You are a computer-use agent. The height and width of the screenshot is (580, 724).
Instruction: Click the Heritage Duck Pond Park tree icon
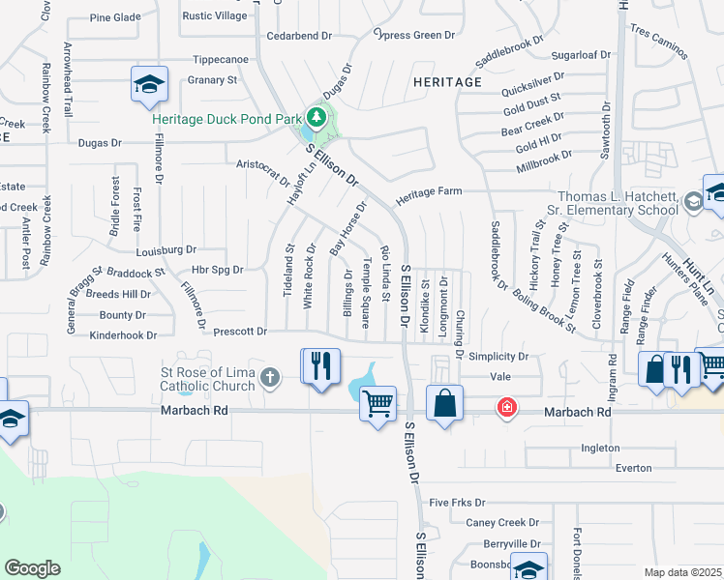click(x=314, y=116)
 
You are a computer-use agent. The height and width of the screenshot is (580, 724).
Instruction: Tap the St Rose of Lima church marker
click(x=270, y=377)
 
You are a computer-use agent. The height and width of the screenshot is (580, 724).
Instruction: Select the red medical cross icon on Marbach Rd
click(x=505, y=407)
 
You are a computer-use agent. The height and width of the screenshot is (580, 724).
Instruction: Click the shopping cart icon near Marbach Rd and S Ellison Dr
click(x=377, y=402)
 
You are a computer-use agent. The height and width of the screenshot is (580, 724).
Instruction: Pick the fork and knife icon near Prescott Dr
click(x=320, y=365)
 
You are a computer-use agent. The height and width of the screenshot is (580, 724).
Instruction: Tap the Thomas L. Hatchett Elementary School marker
click(x=693, y=202)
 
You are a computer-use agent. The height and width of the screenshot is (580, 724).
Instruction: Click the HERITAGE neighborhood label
click(x=447, y=82)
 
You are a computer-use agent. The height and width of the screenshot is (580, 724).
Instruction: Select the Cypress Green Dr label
click(x=414, y=35)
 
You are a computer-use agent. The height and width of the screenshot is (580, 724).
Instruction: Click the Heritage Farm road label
click(x=429, y=192)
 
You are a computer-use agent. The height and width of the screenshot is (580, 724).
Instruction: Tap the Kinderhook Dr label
click(x=123, y=334)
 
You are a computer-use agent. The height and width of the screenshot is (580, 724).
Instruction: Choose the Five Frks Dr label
click(x=456, y=503)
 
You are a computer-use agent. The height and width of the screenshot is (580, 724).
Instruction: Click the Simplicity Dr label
click(x=498, y=356)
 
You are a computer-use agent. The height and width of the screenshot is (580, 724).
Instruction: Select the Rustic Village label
click(x=215, y=16)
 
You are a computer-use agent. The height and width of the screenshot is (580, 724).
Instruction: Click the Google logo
click(x=32, y=568)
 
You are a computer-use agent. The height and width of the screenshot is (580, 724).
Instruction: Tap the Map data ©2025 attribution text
click(x=682, y=572)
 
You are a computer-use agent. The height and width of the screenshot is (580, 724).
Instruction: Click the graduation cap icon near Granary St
click(x=149, y=85)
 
